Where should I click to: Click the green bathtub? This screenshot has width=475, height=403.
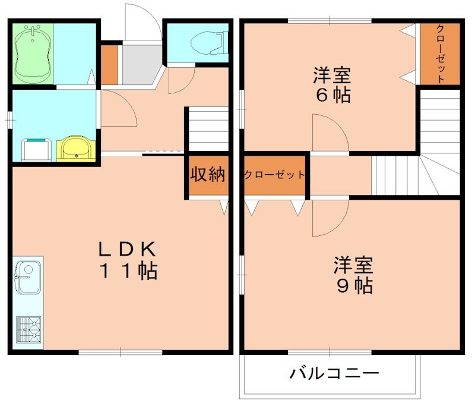tap(33, 53)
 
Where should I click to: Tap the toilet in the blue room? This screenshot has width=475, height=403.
tap(211, 42)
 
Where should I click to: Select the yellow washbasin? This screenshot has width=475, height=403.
tap(75, 148)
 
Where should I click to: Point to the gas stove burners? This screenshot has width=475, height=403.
tap(27, 329)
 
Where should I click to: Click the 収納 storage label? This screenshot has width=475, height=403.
tap(207, 175)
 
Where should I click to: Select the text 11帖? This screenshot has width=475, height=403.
tap(128, 271)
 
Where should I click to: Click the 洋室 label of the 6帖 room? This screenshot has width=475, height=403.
tap(332, 76)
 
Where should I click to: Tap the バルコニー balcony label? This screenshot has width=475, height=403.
tap(334, 374)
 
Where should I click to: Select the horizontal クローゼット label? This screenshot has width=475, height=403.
tap(275, 175)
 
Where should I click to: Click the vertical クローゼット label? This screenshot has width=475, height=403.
tap(440, 54)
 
